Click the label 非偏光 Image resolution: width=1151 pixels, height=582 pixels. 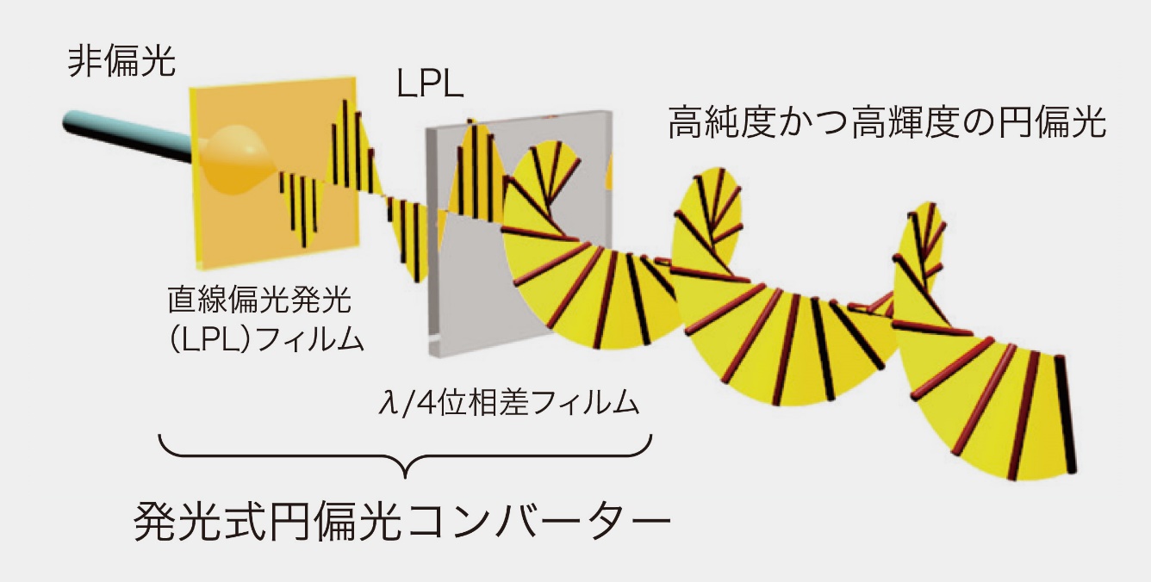[123, 63]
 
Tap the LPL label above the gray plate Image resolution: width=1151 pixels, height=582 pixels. [430, 88]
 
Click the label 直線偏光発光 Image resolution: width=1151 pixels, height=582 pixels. [260, 303]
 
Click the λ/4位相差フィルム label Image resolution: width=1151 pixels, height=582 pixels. [509, 402]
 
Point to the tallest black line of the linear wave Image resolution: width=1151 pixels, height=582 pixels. [345, 142]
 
